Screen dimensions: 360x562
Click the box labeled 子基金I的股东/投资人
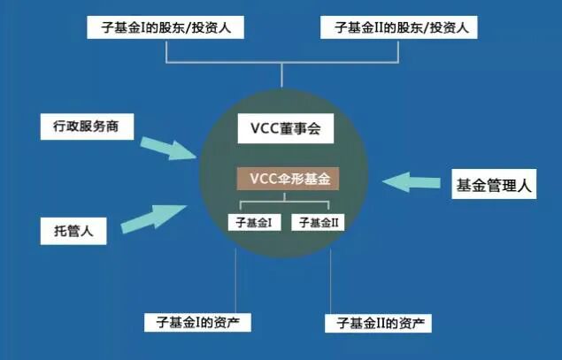[x=166, y=27]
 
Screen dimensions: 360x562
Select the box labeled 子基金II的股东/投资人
[x=399, y=27]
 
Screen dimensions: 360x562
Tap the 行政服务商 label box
[x=87, y=126]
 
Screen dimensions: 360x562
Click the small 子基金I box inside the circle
[x=253, y=223]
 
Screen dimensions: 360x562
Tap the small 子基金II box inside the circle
[x=318, y=223]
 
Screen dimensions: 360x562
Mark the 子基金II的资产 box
[x=378, y=321]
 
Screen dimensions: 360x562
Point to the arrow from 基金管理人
[x=412, y=181]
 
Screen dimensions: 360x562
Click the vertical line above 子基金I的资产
[x=235, y=279]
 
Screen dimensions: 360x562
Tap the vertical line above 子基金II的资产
[x=330, y=279]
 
